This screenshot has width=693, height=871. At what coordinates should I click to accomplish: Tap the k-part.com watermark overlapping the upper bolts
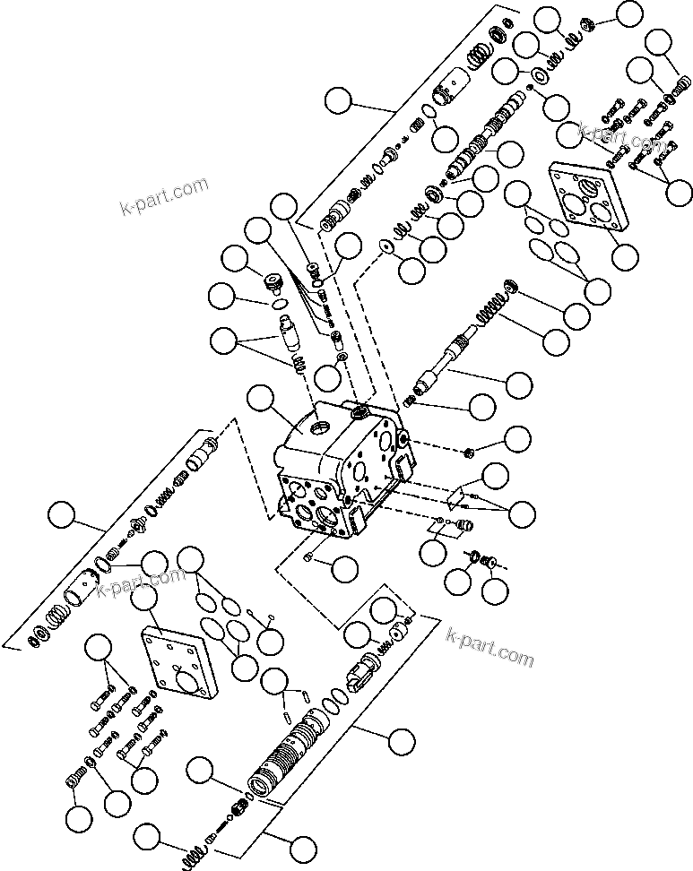(619, 136)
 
